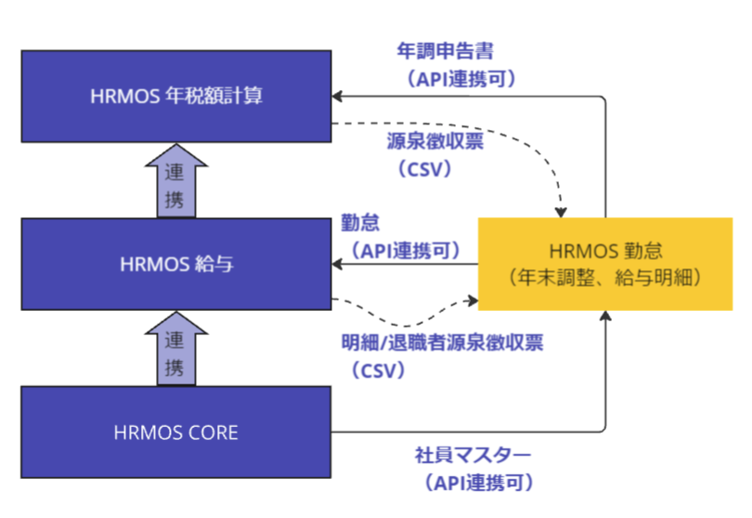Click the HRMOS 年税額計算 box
176,96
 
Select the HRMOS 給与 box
176,264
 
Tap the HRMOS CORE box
176,432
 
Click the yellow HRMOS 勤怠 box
604,263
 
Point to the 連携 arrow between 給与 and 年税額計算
176,183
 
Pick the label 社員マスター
473,456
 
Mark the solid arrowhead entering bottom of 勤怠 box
605,317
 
